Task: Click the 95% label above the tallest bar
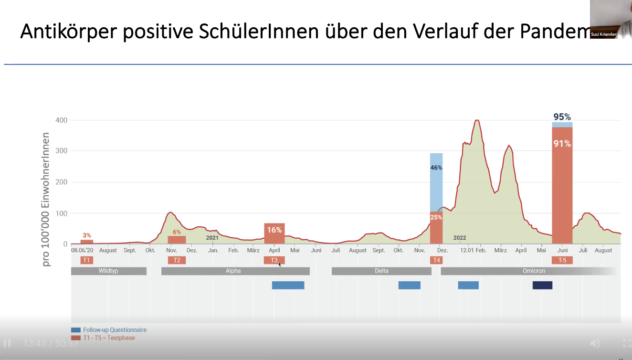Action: [562, 117]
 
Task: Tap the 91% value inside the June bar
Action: [562, 143]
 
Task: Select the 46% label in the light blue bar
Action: [436, 168]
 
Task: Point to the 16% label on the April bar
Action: [274, 230]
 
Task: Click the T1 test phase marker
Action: [86, 260]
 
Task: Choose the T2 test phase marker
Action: [177, 260]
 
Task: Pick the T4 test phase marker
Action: [436, 260]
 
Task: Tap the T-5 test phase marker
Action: [562, 260]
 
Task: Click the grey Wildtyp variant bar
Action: [108, 271]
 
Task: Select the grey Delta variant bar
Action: [381, 271]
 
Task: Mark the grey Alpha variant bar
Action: [235, 271]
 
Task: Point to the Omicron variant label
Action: [534, 271]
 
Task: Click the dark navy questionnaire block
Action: [542, 285]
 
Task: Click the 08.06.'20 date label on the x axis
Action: [82, 250]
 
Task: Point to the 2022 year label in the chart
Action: [460, 238]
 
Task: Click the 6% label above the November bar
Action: [177, 232]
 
